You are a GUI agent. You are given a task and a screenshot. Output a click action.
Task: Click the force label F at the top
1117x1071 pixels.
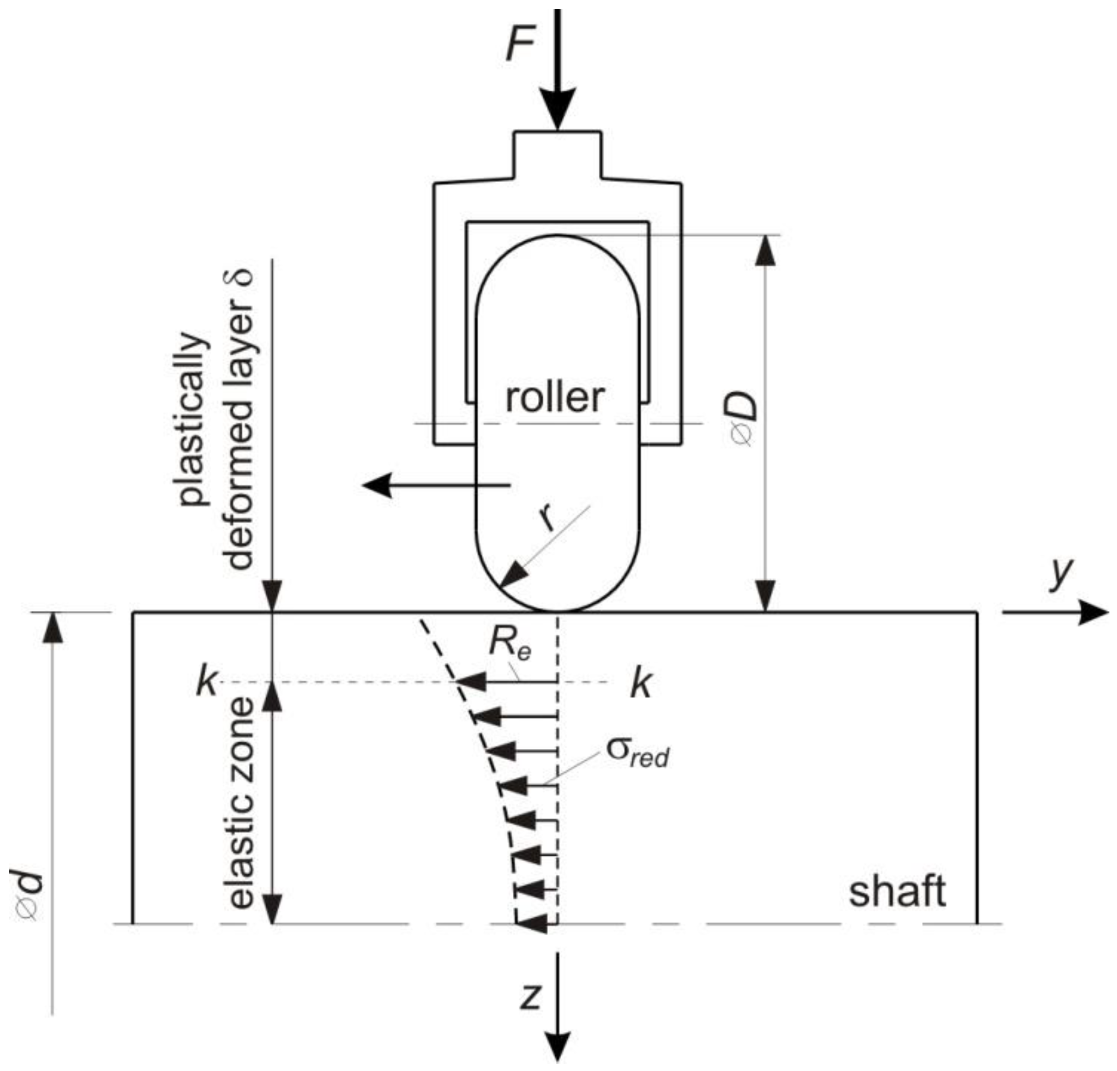[520, 45]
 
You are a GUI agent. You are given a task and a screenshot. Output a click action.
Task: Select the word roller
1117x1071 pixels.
[554, 398]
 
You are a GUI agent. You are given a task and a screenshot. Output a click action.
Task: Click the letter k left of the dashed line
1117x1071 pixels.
[206, 682]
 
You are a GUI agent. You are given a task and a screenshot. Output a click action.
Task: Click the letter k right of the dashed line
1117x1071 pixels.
[641, 684]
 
